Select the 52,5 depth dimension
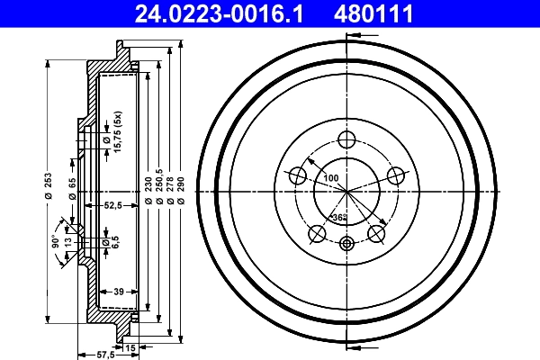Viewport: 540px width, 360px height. [x=112, y=205]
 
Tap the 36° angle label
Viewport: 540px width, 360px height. [x=339, y=218]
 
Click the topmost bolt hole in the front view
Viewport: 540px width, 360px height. [x=346, y=139]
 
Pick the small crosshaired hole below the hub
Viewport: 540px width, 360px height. [x=346, y=242]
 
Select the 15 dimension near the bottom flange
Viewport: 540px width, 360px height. [x=130, y=346]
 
